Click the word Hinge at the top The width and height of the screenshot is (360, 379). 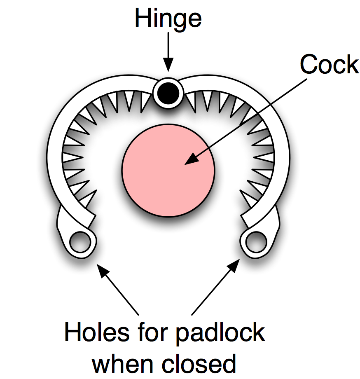[x=168, y=19]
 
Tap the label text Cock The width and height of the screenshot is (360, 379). [x=329, y=65]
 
